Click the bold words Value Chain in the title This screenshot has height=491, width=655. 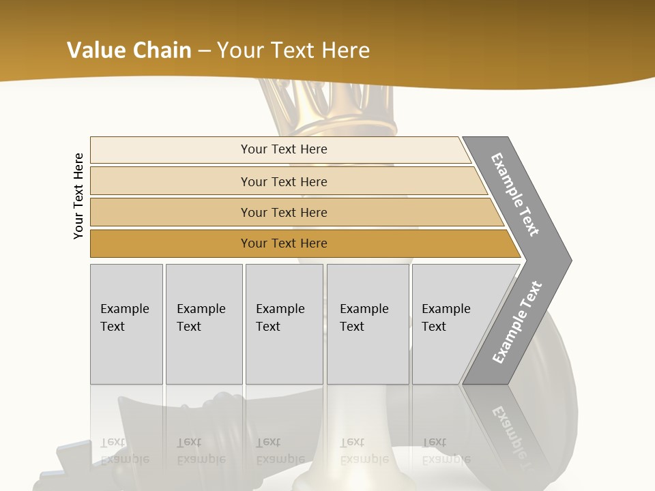pyautogui.click(x=129, y=50)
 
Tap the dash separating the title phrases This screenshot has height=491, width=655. pyautogui.click(x=203, y=51)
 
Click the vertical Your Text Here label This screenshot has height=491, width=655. pyautogui.click(x=78, y=196)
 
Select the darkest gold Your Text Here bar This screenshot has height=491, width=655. pyautogui.click(x=283, y=243)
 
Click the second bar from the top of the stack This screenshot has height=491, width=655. pyautogui.click(x=283, y=181)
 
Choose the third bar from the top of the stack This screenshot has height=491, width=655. pyautogui.click(x=283, y=212)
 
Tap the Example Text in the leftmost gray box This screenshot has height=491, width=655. pyautogui.click(x=124, y=318)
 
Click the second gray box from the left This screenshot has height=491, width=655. pyautogui.click(x=203, y=324)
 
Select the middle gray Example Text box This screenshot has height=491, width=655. pyautogui.click(x=284, y=324)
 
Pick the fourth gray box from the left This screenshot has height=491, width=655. pyautogui.click(x=367, y=324)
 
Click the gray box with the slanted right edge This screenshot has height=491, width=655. pyautogui.click(x=450, y=324)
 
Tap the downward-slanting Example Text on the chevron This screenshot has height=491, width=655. pyautogui.click(x=515, y=195)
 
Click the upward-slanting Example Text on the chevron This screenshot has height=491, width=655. pyautogui.click(x=517, y=323)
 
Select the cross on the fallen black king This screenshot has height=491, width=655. pyautogui.click(x=68, y=464)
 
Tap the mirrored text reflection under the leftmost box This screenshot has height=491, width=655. pyautogui.click(x=124, y=451)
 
